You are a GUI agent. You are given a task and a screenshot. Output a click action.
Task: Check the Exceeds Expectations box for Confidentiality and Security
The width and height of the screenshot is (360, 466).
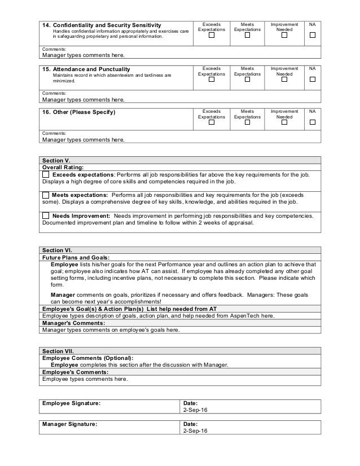[212, 36]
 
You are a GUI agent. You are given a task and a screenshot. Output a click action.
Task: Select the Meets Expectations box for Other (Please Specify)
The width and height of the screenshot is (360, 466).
[247, 123]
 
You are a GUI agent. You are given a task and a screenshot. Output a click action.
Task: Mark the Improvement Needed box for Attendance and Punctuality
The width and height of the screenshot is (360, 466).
[284, 80]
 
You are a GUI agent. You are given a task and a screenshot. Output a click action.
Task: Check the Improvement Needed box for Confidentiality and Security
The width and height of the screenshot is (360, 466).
[284, 36]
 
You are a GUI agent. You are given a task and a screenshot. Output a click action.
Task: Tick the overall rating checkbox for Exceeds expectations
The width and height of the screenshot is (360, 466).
[46, 175]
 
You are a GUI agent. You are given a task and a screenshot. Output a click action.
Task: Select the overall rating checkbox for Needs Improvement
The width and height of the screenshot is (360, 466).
[46, 215]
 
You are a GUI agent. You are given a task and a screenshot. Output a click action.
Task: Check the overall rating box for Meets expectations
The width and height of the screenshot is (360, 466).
[46, 195]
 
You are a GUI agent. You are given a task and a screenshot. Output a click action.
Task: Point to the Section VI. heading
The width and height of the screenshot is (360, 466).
[57, 250]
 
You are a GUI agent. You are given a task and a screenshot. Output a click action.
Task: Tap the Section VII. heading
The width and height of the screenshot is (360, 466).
[58, 351]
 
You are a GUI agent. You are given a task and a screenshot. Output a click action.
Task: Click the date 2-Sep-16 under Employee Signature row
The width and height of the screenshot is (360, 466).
[195, 410]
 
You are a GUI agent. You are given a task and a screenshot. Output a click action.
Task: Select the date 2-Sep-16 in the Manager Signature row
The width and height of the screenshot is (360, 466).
[195, 430]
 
